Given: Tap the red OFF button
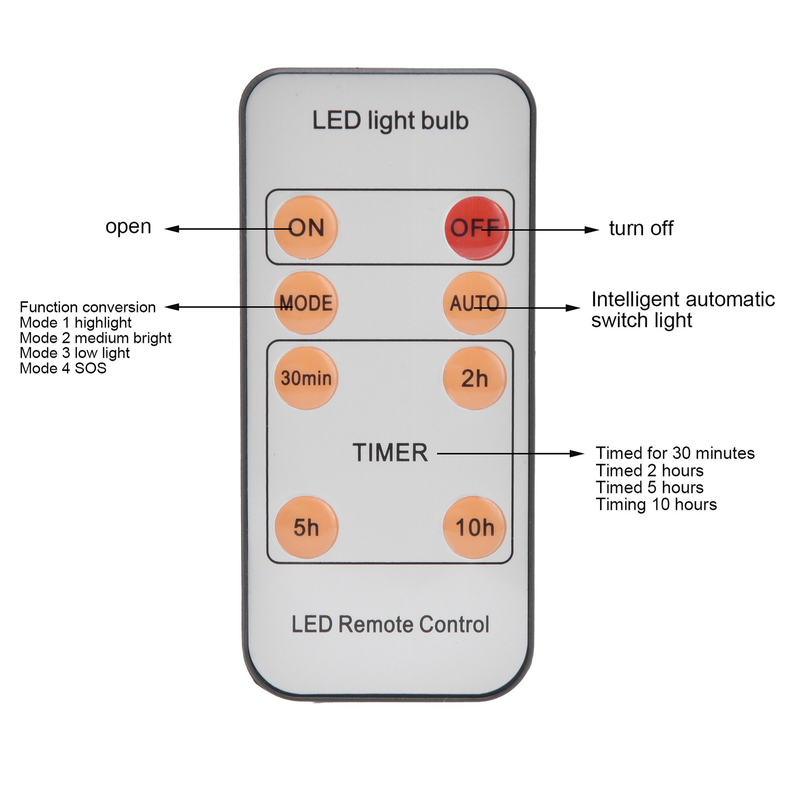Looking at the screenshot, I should (x=476, y=228).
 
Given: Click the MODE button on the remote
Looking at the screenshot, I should (x=305, y=303).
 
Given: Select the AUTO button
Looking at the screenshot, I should (x=474, y=303).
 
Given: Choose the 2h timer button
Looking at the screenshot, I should (x=474, y=378).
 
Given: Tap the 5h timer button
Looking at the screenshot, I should (x=306, y=527).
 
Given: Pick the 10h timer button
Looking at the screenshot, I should (x=474, y=527).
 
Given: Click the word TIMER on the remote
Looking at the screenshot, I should (x=390, y=453).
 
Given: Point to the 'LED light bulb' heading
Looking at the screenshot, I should (x=390, y=121).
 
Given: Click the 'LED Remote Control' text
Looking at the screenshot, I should (x=390, y=624).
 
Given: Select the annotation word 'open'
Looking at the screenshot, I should (x=128, y=227).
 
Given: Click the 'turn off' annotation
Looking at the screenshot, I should (x=641, y=228).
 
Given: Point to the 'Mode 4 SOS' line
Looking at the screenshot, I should (x=63, y=368).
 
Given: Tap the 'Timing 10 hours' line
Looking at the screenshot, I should (x=656, y=504).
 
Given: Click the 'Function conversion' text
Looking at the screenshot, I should (x=88, y=307).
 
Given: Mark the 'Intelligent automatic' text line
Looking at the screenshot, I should (x=683, y=299).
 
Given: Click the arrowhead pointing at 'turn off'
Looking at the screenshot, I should (x=592, y=230).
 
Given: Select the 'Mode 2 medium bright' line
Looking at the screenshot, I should (x=96, y=338).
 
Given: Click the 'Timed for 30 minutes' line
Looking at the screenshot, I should (x=675, y=453).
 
